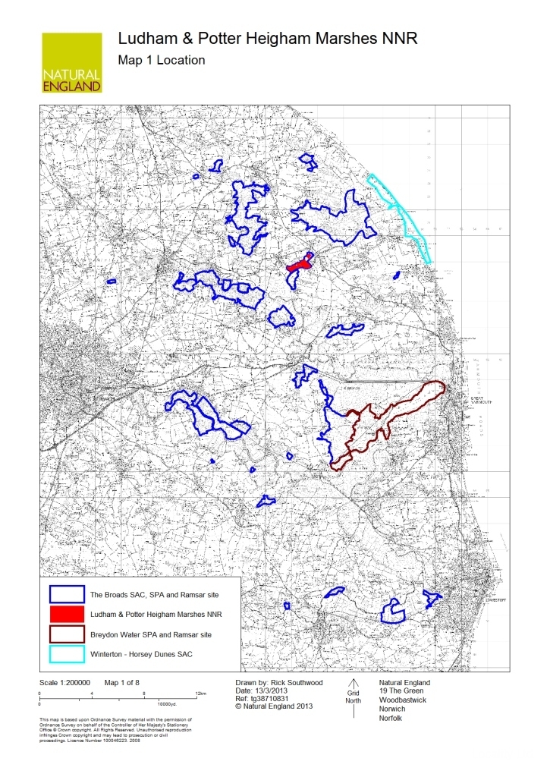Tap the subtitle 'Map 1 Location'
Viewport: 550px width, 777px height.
162,60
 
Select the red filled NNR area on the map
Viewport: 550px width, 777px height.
300,265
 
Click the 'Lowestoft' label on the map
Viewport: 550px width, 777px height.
495,599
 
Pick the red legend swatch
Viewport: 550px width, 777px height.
67,612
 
